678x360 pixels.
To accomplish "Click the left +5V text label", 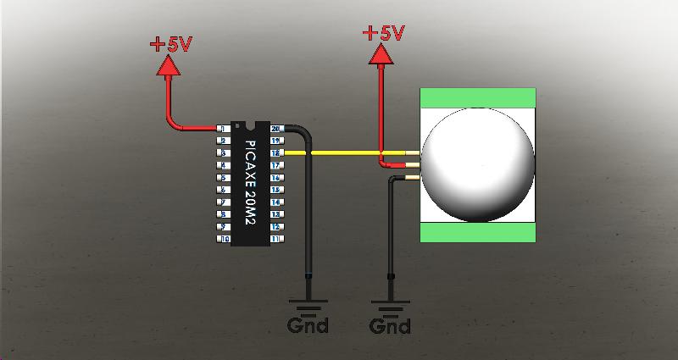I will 171,45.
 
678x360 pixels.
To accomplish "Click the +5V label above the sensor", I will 383,33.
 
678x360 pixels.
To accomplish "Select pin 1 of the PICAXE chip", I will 222,128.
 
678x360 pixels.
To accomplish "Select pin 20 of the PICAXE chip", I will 275,128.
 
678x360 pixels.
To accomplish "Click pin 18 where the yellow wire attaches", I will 275,153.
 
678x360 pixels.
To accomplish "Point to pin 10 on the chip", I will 224,240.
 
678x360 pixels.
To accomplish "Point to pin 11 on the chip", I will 275,240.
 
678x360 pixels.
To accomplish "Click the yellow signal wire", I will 339,153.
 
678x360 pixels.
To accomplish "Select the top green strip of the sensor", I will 479,98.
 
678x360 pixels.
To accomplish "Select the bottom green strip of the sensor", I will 479,232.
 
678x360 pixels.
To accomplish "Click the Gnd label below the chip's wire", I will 308,325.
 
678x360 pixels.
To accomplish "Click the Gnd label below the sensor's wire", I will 391,325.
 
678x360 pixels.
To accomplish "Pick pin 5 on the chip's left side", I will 222,178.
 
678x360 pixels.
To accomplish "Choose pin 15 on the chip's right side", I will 275,191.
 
